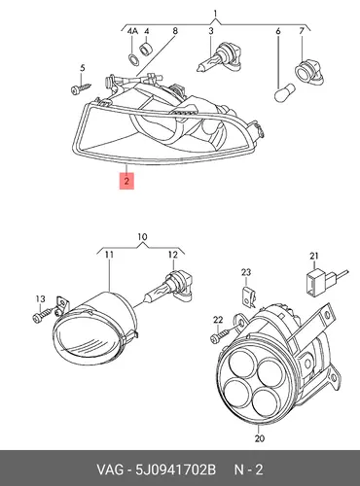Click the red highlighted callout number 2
(x=126, y=181)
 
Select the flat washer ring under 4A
(x=132, y=59)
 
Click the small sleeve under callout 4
(x=145, y=49)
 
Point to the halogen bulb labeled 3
(x=219, y=59)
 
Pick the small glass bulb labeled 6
(x=284, y=92)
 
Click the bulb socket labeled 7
(x=308, y=72)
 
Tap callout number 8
(x=175, y=31)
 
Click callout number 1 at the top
(x=215, y=14)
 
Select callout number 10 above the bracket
(x=142, y=237)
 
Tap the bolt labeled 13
(x=43, y=314)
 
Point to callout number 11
(x=109, y=255)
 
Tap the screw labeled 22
(x=222, y=335)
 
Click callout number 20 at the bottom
(x=260, y=438)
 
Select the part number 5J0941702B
(x=175, y=469)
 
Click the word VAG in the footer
(x=110, y=469)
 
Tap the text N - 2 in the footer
(x=248, y=469)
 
